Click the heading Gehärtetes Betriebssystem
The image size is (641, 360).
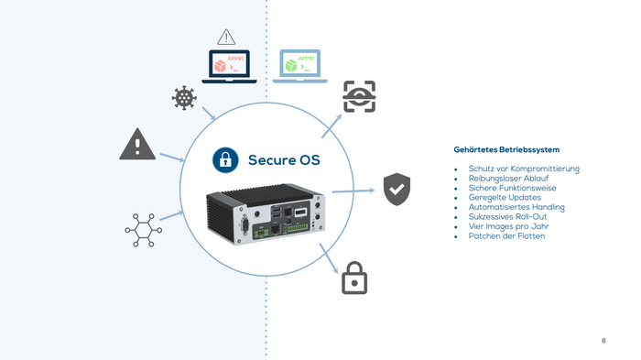pos(506,149)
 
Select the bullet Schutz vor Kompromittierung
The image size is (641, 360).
pos(524,169)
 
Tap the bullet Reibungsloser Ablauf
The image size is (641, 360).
pos(508,179)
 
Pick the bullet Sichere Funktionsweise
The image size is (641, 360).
pos(513,188)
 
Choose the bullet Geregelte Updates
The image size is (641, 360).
pos(505,198)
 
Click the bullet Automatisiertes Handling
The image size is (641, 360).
pos(516,207)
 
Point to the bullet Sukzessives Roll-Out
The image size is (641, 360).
pos(508,217)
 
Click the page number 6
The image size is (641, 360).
pos(603,341)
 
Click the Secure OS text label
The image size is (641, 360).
pos(284,161)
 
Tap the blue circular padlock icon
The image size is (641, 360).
pos(225,160)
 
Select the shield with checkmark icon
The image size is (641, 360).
pos(396,189)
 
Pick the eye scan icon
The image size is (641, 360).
pos(359,95)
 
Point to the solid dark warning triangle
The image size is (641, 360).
pos(137,145)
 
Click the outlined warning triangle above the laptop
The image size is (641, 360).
pos(226,38)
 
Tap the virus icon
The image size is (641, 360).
pos(184,98)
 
